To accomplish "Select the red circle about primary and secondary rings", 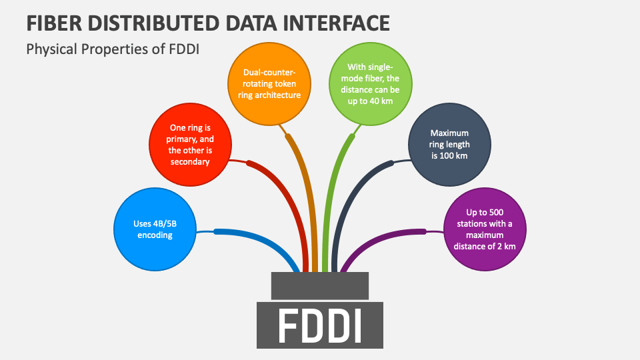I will click(190, 145).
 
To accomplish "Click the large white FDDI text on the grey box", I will click(319, 325).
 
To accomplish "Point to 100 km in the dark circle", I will click(457, 156).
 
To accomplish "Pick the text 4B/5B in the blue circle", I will click(164, 224).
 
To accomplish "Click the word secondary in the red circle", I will click(190, 161).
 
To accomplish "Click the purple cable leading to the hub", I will click(387, 235).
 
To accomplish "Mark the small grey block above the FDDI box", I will click(320, 285).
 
